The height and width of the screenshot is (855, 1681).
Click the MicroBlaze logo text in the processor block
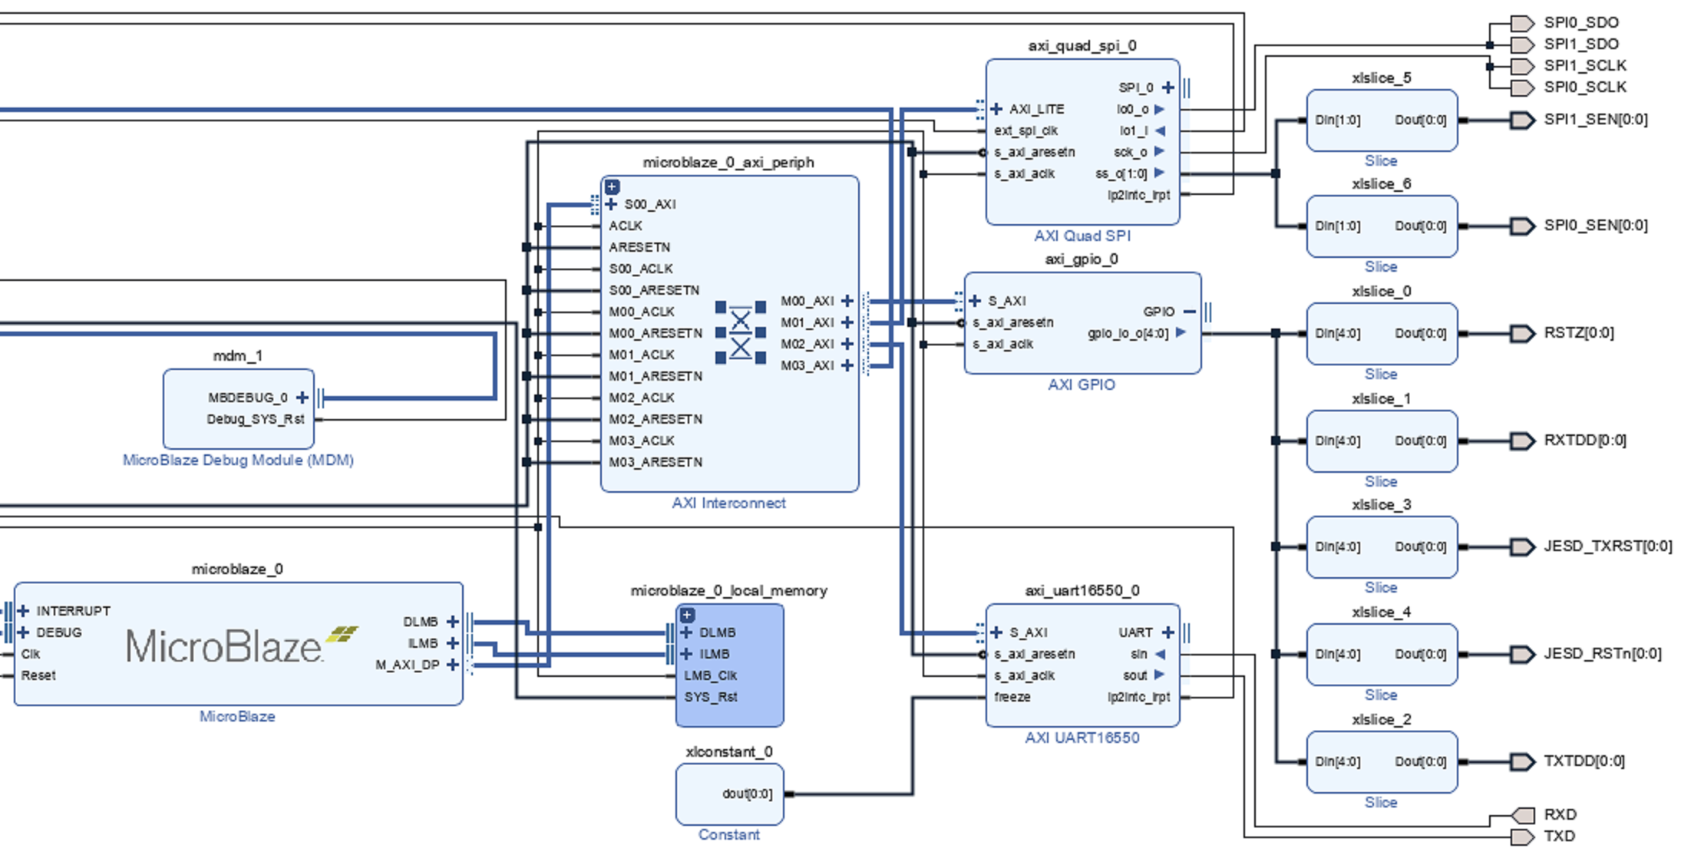[x=224, y=646]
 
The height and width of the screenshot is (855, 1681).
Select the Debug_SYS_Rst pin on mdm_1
[x=256, y=419]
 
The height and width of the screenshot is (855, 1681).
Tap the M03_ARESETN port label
[x=656, y=462]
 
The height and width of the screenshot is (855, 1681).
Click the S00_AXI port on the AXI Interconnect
[x=649, y=204]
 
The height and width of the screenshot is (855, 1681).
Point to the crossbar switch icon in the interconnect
[x=740, y=332]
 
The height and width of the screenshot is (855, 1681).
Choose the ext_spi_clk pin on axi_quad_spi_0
[x=1025, y=130]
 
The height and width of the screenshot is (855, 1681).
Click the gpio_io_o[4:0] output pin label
[x=1128, y=333]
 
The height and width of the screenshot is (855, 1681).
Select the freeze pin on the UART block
[x=1012, y=697]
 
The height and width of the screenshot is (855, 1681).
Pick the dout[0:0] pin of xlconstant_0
[x=747, y=794]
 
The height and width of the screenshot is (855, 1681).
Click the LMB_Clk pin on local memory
[x=710, y=675]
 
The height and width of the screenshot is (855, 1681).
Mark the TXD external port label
[x=1560, y=836]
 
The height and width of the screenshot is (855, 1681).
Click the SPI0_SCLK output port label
[x=1585, y=87]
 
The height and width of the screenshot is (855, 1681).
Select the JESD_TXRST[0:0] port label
[x=1608, y=546]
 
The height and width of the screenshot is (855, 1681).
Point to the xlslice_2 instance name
[x=1381, y=719]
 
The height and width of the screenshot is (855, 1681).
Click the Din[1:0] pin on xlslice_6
[x=1337, y=226]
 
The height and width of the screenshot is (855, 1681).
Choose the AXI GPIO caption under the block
[x=1082, y=385]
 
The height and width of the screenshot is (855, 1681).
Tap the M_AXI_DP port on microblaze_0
[x=407, y=665]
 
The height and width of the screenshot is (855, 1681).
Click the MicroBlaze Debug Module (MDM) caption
[x=238, y=460]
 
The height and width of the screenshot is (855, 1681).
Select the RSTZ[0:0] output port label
[x=1579, y=332]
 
